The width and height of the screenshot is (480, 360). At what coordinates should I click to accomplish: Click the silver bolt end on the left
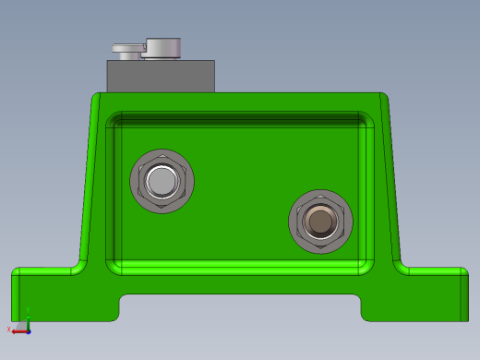pyautogui.click(x=162, y=182)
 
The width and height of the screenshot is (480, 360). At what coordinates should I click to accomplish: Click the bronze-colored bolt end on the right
pyautogui.click(x=320, y=222)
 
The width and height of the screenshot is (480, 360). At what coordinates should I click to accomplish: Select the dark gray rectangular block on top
pyautogui.click(x=161, y=77)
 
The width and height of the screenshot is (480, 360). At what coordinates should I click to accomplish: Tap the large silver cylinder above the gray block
pyautogui.click(x=164, y=48)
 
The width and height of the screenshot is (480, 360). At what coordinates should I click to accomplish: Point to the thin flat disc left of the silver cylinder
pyautogui.click(x=127, y=46)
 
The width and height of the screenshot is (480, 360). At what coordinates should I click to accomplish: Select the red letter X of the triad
pyautogui.click(x=9, y=330)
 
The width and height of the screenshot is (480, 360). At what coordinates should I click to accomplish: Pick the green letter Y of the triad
pyautogui.click(x=28, y=310)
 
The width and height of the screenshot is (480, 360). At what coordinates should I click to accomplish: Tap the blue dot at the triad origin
pyautogui.click(x=28, y=330)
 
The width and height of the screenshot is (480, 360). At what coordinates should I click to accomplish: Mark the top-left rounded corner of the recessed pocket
pyautogui.click(x=113, y=119)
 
